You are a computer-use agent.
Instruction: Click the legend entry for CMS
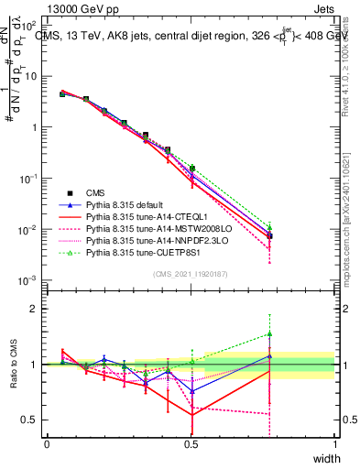(94, 193)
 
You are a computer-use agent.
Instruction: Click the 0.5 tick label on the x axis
(191, 443)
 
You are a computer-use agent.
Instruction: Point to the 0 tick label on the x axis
(48, 443)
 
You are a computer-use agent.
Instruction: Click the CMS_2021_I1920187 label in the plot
(191, 274)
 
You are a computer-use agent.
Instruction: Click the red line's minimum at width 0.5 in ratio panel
(191, 415)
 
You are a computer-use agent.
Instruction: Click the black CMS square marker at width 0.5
(191, 169)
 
